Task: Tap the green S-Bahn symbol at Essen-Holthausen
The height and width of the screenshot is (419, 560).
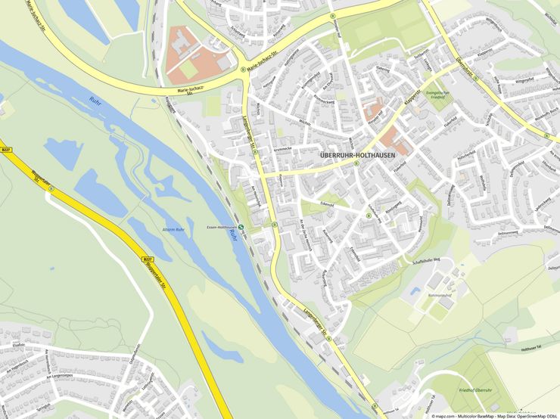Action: pos(241,228)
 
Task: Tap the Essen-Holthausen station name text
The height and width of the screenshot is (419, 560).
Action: pos(222,227)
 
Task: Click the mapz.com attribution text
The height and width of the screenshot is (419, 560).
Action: pos(443,415)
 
